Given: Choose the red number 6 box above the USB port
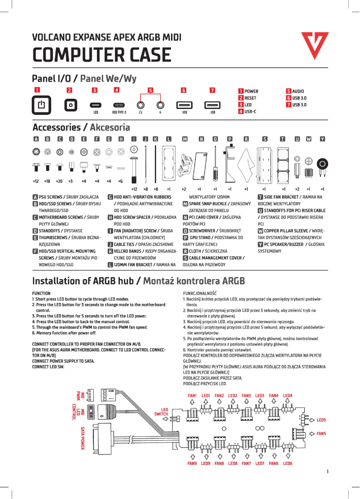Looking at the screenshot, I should [184, 90].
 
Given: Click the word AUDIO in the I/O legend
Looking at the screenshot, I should [298, 91].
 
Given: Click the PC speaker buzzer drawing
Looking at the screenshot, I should [322, 166].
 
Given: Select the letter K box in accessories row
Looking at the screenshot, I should [155, 139].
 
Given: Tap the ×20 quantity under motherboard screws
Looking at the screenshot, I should [59, 181].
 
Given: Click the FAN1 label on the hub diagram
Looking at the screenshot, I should [192, 395].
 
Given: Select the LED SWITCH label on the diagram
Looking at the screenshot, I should [161, 412].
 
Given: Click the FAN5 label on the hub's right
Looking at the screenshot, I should [321, 434].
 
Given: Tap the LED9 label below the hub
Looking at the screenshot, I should [206, 463].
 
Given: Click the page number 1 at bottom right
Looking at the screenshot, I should [328, 472].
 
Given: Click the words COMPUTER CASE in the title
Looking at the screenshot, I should [101, 55].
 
